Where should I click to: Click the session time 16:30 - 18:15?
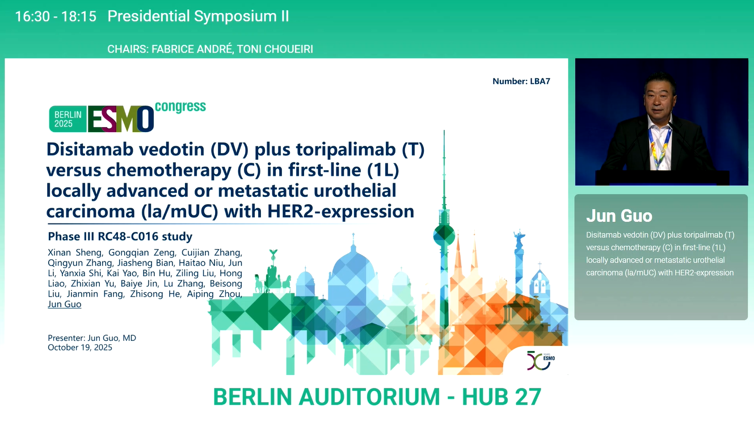coord(56,16)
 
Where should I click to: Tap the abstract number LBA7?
coord(540,81)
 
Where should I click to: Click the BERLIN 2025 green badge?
coord(68,119)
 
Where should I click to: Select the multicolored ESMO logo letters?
coord(121,119)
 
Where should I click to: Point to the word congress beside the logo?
coord(180,107)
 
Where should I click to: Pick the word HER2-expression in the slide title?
coord(340,212)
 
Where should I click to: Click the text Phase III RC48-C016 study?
coord(120,236)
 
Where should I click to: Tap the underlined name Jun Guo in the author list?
coord(64,304)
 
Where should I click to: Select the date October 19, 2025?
coord(80,348)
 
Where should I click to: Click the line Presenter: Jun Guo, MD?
coord(92,338)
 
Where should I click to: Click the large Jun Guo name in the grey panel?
coord(620,216)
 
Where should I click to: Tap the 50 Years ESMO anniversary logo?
coord(541,360)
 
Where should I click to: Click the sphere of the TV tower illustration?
coord(444,235)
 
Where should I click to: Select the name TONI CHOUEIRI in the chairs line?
coord(275,49)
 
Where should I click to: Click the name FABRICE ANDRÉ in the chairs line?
coord(192,49)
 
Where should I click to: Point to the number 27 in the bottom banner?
coord(528,397)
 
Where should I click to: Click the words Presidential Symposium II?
coord(198,16)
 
